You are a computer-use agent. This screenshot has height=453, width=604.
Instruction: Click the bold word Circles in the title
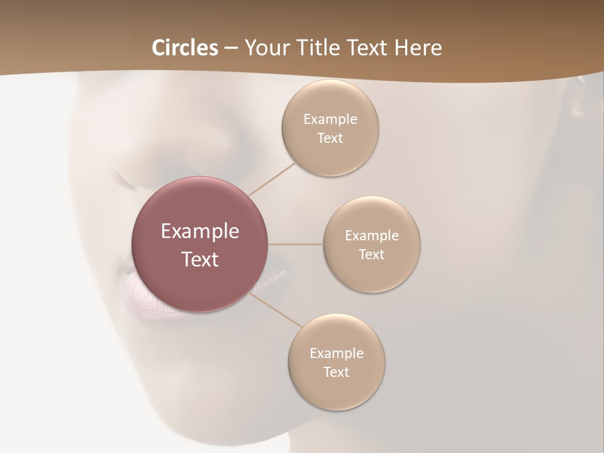point(185,48)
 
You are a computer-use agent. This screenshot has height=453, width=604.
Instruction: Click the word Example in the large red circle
point(200,231)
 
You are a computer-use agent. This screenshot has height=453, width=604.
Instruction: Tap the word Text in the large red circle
point(200,259)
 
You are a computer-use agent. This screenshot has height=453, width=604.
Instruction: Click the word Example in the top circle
point(330,119)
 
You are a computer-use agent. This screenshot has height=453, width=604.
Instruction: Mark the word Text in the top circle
point(330,138)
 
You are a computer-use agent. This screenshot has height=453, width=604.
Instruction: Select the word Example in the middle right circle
point(372,235)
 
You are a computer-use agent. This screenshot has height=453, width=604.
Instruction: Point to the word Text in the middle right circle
point(372,254)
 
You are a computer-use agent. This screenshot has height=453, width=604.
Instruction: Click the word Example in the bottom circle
point(337,353)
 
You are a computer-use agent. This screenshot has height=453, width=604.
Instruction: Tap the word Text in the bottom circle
point(337,372)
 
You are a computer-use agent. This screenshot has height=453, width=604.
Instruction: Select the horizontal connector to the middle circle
point(296,244)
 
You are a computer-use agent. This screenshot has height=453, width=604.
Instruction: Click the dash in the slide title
point(231,48)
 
